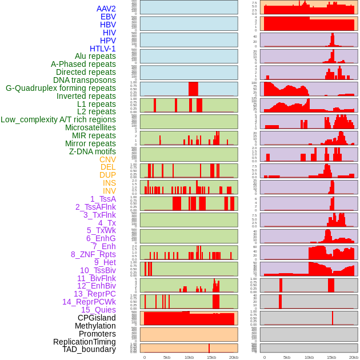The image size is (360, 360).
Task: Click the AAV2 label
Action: pos(106,9)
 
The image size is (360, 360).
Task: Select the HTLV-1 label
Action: pos(102,49)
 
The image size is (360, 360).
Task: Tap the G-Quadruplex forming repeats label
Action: pos(61,88)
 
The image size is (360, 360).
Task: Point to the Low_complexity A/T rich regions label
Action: pos(58,119)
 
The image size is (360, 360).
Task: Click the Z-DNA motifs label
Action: pos(93,151)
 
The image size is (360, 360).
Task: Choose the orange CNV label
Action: pos(107,159)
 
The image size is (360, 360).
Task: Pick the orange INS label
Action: pos(109,183)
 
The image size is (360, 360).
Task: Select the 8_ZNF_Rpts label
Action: pos(93,254)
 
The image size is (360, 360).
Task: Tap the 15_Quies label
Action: pos(98,310)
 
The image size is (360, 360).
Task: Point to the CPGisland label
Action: pos(97,318)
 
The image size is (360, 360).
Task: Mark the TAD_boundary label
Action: pos(89,349)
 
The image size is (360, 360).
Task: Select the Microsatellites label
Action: pos(90,127)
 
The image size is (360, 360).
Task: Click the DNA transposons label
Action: pos(85,80)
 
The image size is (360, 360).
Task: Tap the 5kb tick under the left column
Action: pos(167,357)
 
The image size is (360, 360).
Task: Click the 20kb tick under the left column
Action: pos(233,357)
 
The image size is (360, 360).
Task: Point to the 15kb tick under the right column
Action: pos(331,357)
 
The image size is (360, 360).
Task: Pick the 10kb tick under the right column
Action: pos(309,357)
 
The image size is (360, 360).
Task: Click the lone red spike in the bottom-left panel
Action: pos(209,347)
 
